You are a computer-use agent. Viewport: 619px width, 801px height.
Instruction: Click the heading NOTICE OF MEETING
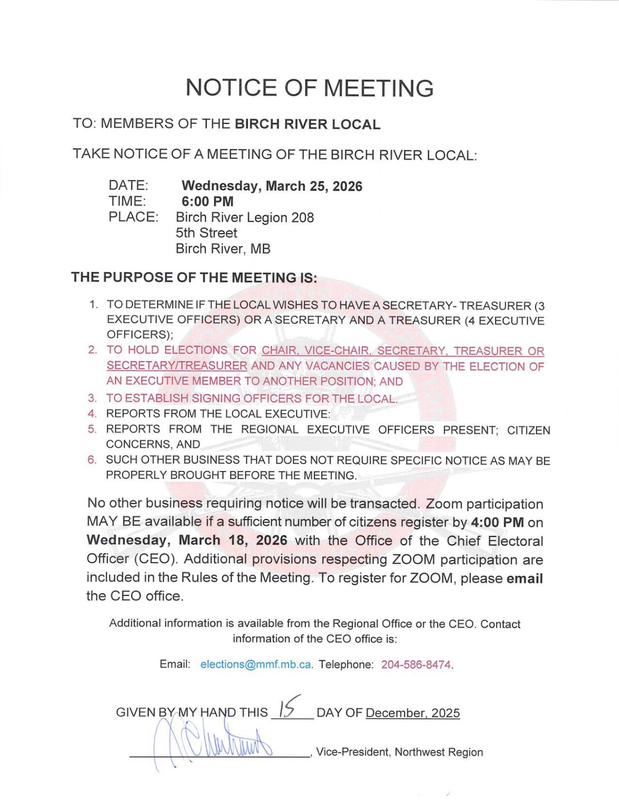[309, 88]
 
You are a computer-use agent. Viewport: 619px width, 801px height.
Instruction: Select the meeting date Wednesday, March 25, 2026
[272, 186]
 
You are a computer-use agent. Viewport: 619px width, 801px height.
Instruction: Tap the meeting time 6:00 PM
[207, 202]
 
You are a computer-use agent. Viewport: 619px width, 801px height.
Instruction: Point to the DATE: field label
[128, 185]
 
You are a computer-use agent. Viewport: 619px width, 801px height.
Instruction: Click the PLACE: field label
[133, 217]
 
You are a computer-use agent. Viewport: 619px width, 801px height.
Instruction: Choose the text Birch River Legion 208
[245, 218]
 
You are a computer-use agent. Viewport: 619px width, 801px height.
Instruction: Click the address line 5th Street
[206, 233]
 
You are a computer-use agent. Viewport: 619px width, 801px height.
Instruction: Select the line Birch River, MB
[223, 249]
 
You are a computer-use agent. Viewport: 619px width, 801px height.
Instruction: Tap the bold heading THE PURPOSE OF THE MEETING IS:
[194, 277]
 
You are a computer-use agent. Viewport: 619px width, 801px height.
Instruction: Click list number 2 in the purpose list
[92, 350]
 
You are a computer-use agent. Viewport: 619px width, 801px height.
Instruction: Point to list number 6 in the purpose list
[92, 460]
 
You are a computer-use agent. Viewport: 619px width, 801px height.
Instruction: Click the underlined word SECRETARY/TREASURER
[177, 366]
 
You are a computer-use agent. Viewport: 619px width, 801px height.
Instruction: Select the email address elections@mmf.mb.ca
[255, 664]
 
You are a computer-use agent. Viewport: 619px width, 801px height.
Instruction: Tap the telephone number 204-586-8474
[416, 665]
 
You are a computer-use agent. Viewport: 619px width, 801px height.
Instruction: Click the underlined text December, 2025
[413, 713]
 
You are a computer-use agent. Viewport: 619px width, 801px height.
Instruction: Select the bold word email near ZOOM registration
[525, 579]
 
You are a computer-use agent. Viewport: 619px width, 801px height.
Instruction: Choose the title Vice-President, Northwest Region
[399, 752]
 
